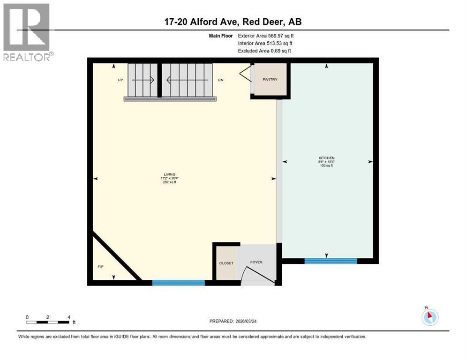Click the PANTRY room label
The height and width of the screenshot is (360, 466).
tap(270, 79)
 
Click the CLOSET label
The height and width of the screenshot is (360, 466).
tap(226, 263)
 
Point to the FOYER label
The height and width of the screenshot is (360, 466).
tap(256, 262)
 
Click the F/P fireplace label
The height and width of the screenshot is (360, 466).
tap(100, 266)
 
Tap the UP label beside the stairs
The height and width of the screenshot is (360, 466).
tap(120, 80)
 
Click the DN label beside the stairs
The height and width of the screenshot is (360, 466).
tap(221, 80)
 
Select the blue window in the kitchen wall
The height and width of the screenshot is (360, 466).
tap(331, 261)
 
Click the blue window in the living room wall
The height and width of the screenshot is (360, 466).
tap(178, 283)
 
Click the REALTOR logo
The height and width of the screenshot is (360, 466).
tap(27, 31)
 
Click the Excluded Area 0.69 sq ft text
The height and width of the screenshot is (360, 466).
tap(264, 51)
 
